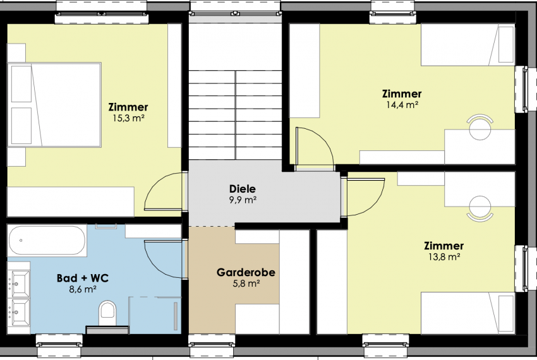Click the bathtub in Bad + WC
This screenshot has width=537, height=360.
[x=47, y=240]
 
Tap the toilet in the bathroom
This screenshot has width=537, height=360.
[x=107, y=313]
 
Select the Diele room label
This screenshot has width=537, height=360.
[x=243, y=189]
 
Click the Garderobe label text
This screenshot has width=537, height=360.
[x=246, y=272]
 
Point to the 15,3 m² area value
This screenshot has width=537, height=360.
[x=128, y=118]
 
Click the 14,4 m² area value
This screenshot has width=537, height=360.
[x=402, y=104]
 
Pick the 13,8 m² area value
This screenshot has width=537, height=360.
[x=444, y=256]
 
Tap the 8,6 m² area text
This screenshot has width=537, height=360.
[x=83, y=289]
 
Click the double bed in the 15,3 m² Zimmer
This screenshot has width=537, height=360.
[x=54, y=105]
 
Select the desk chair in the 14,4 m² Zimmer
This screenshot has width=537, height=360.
[x=480, y=127]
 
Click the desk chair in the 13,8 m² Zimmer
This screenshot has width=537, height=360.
[x=480, y=208]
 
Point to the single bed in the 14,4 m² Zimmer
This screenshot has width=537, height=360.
[x=468, y=45]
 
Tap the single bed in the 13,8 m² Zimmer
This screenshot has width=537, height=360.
[x=468, y=313]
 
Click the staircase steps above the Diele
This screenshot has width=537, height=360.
[x=235, y=115]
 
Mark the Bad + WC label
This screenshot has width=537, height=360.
[x=83, y=278]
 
